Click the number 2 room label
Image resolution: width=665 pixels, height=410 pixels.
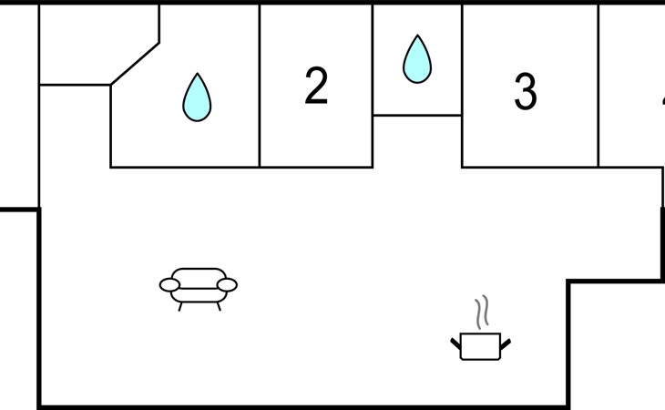click(x=315, y=87)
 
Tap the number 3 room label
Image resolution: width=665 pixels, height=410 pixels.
click(x=525, y=92)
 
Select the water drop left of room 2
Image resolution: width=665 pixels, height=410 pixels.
click(x=197, y=97)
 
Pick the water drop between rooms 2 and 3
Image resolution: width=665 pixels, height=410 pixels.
click(x=416, y=59)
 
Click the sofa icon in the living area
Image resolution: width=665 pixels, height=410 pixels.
click(x=198, y=285)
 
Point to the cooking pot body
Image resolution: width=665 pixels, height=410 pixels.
click(x=479, y=346)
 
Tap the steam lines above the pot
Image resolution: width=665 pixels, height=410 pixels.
click(x=483, y=312)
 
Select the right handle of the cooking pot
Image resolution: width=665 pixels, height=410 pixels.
click(x=505, y=343)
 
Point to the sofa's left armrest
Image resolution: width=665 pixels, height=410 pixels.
click(x=169, y=285)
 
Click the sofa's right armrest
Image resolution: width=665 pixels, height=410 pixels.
click(x=227, y=285)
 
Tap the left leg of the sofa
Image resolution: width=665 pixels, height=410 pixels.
click(x=180, y=306)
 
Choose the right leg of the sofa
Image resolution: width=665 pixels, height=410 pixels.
click(x=218, y=306)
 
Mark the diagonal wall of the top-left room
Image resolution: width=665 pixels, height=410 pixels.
click(x=135, y=64)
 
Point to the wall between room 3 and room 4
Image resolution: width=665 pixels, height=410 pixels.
click(x=598, y=87)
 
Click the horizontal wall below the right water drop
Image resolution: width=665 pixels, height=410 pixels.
click(x=417, y=115)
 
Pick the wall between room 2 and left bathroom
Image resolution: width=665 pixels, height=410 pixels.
click(x=260, y=87)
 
